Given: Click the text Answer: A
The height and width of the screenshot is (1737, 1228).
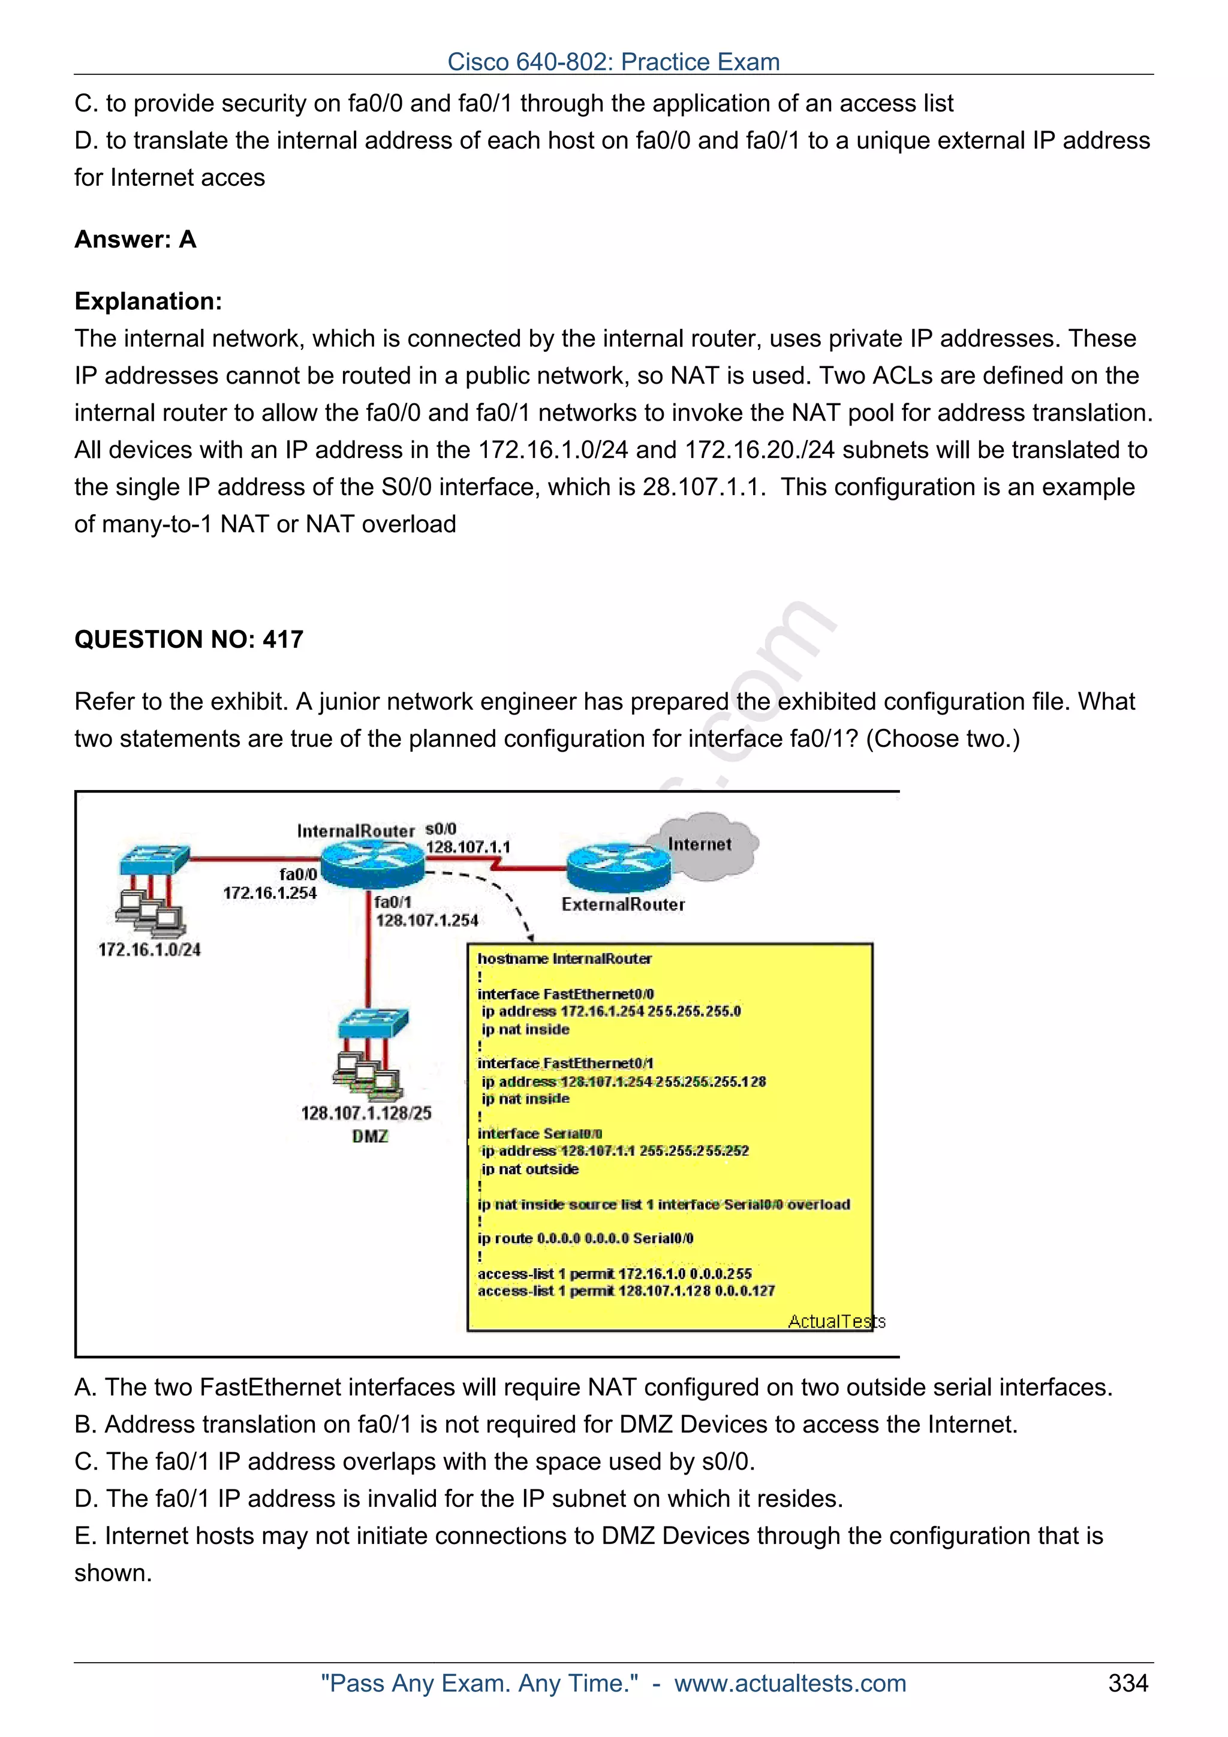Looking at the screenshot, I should (x=136, y=239).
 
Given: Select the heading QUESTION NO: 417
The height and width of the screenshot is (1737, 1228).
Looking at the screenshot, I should (x=188, y=640).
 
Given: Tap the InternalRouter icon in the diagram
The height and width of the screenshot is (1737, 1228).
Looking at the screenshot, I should (x=372, y=866).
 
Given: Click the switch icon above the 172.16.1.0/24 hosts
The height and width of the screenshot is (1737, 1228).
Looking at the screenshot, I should (x=153, y=860).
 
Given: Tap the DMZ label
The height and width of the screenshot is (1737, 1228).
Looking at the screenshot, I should (x=370, y=1136).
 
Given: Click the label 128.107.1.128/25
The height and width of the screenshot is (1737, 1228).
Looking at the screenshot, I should (x=366, y=1113).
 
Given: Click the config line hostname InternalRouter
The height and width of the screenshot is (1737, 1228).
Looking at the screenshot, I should (x=564, y=958).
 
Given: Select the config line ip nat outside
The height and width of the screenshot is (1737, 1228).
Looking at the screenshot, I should (x=529, y=1169).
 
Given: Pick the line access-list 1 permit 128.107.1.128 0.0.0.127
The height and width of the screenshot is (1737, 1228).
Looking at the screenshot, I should (x=626, y=1290).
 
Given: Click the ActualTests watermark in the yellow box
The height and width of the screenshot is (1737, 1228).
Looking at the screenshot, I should (x=836, y=1321).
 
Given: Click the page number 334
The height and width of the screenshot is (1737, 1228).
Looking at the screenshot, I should (x=1127, y=1682).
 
